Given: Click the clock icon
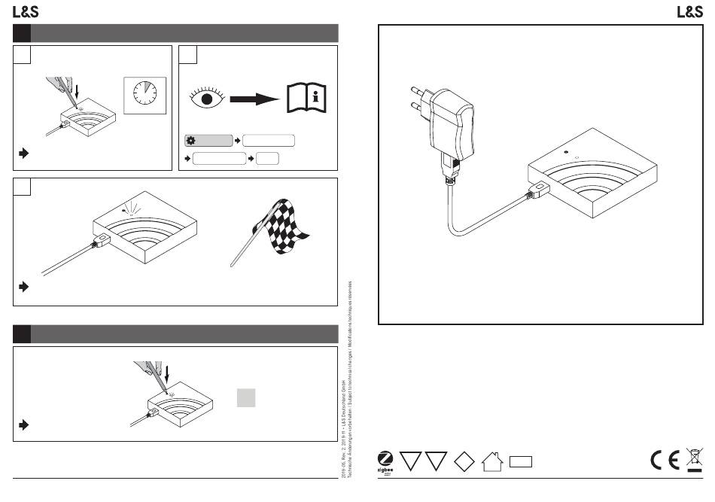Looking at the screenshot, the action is pyautogui.click(x=145, y=95).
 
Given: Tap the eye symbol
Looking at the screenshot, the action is pyautogui.click(x=205, y=99).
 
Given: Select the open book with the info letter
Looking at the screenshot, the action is pyautogui.click(x=308, y=98).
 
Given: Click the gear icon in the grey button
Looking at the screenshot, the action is pyautogui.click(x=190, y=141).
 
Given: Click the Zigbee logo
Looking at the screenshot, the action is pyautogui.click(x=385, y=460).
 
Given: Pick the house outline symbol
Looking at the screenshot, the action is pyautogui.click(x=492, y=461).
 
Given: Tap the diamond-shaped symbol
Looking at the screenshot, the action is pyautogui.click(x=464, y=461).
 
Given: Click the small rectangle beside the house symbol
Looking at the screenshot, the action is pyautogui.click(x=521, y=461).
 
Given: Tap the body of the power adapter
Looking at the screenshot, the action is pyautogui.click(x=452, y=120).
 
